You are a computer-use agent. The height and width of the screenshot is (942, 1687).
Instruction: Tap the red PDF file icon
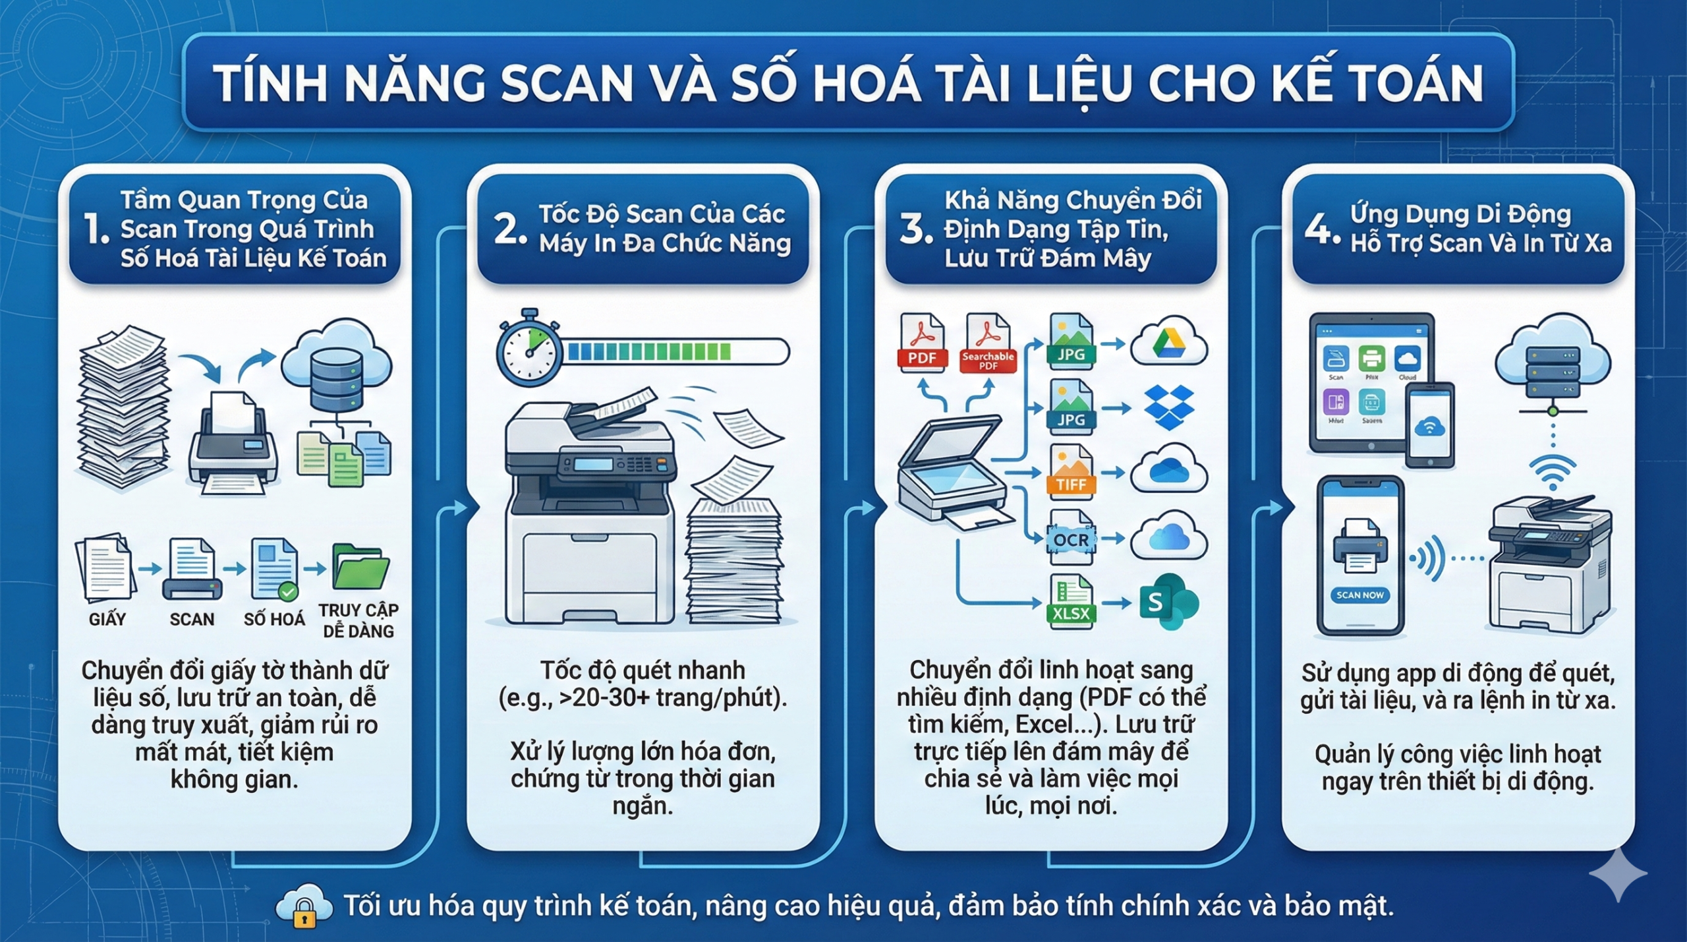(x=922, y=343)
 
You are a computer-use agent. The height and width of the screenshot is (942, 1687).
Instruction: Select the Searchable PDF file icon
(x=987, y=343)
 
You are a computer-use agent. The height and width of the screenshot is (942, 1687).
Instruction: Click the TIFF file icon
(x=1071, y=473)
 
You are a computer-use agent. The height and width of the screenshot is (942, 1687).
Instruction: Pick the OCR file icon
(x=1071, y=538)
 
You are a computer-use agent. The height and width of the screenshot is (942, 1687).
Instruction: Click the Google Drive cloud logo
(x=1168, y=342)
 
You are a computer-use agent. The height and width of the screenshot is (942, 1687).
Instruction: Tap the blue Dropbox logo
(x=1169, y=407)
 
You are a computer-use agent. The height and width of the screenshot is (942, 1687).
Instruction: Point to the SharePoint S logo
(x=1166, y=601)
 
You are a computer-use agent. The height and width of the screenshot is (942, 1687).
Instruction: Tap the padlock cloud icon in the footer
(x=303, y=906)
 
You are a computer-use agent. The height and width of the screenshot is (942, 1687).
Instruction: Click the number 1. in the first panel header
(x=97, y=229)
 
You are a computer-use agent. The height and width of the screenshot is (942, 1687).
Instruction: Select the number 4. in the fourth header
(x=1321, y=229)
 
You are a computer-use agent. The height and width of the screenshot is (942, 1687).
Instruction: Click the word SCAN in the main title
(x=566, y=84)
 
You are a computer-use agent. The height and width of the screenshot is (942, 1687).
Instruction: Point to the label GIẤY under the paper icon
(x=107, y=620)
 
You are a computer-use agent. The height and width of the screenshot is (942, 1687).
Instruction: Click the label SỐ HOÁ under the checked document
(x=274, y=620)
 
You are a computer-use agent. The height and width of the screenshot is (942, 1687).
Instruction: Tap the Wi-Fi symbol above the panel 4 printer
(x=1553, y=473)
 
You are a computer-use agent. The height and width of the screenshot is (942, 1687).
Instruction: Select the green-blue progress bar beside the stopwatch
(x=676, y=351)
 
